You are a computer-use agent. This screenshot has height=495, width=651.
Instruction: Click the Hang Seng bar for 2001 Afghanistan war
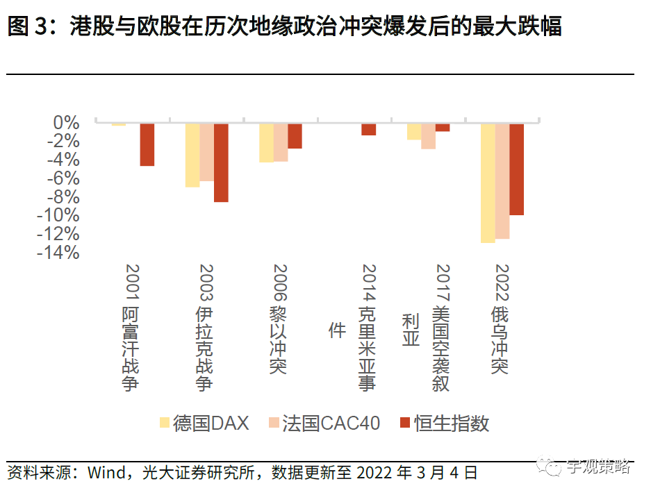coord(147,144)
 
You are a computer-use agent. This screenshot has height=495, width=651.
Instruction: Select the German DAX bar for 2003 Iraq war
coord(192,155)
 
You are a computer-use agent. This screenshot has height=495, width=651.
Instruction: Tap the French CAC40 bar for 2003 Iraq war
coord(206,152)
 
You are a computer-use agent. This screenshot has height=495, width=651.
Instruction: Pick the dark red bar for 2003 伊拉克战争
coord(221,162)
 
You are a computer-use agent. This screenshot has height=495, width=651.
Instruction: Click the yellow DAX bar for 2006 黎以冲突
coord(266,142)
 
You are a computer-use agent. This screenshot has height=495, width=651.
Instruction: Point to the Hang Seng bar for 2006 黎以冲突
coord(295,135)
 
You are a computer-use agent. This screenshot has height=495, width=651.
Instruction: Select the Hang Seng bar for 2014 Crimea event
coord(368,129)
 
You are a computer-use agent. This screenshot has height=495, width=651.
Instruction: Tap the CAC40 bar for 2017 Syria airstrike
coord(428,136)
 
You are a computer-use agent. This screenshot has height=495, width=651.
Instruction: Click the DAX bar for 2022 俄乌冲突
coord(488,183)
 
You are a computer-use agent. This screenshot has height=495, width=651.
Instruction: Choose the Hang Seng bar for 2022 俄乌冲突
coord(516,169)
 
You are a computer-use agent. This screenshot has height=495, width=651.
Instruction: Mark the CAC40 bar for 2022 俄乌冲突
coord(502,181)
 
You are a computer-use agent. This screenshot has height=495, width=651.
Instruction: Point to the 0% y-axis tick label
coord(67,123)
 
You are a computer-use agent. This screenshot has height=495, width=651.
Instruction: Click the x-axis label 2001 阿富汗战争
coord(131,326)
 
